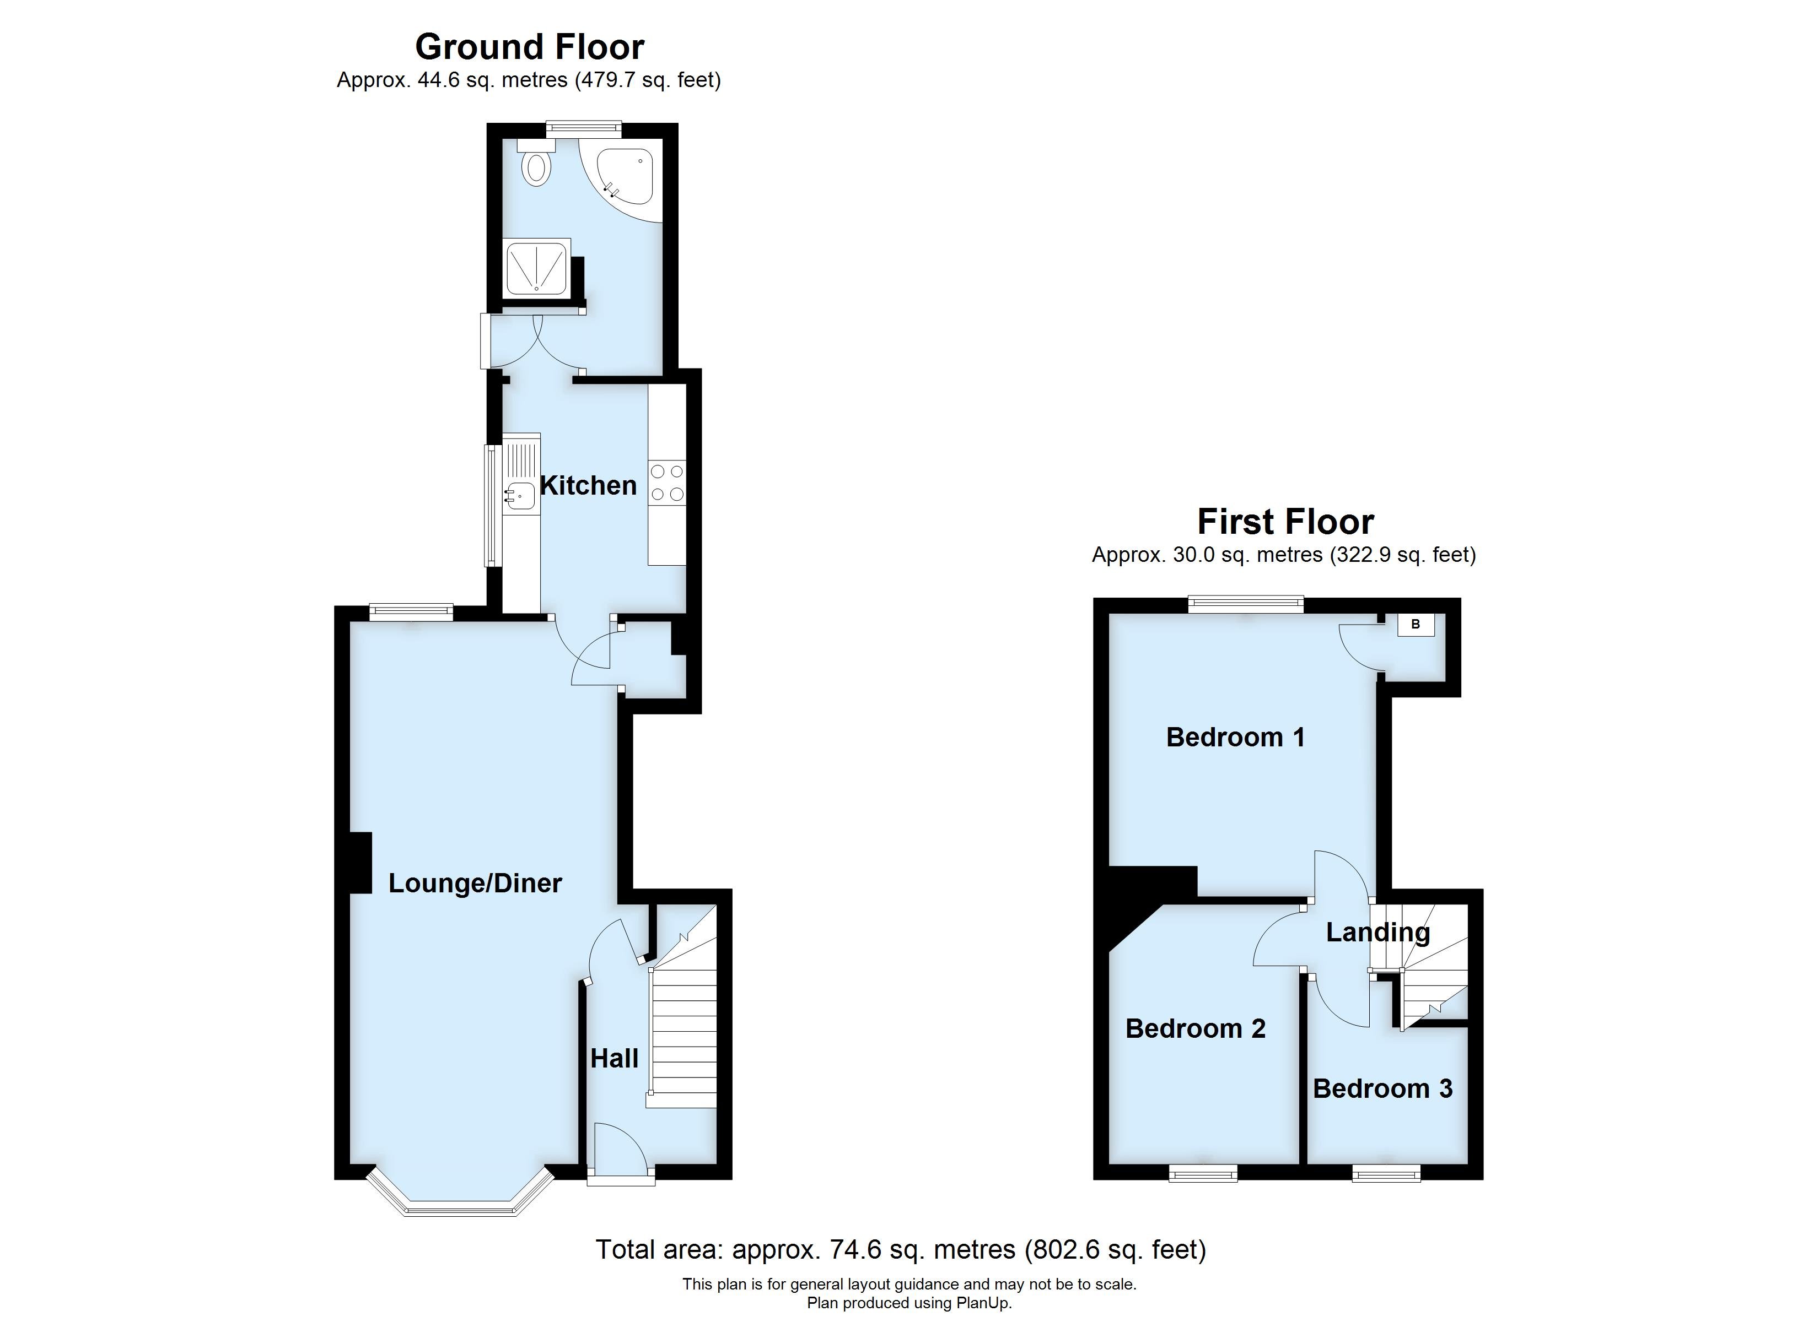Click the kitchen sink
pos(520,495)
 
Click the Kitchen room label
pos(588,485)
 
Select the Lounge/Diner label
pos(475,882)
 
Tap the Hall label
pos(615,1058)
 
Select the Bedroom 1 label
pos(1235,737)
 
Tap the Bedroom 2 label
pos(1195,1028)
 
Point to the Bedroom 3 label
pos(1382,1088)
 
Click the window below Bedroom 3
pos(1387,1174)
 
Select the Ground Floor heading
pos(529,46)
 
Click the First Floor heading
pos(1285,521)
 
